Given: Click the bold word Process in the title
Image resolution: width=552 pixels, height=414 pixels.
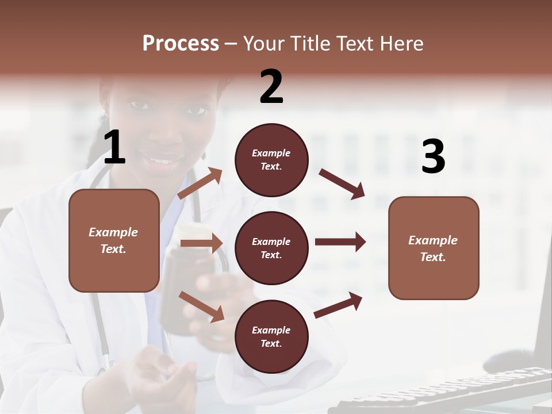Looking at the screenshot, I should [181, 44].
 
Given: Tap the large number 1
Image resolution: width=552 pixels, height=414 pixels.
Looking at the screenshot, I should [114, 148].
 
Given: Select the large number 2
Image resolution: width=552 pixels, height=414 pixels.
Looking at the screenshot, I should [271, 87].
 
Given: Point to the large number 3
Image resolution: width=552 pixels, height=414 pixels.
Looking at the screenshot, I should [433, 157].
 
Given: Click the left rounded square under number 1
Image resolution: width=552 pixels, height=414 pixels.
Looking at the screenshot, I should [114, 240].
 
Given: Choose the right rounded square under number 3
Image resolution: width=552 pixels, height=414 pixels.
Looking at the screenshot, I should [434, 248].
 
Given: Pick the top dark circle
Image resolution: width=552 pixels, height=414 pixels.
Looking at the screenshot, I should [271, 160].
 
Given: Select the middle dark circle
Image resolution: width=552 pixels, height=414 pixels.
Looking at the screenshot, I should [271, 248].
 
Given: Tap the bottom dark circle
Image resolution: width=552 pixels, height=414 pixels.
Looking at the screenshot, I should [271, 336].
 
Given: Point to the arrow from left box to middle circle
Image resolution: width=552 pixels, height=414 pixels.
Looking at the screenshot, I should [201, 243].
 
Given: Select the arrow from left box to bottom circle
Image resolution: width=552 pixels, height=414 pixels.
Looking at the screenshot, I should [201, 306].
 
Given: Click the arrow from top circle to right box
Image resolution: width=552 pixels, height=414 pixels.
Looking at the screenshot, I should [342, 184].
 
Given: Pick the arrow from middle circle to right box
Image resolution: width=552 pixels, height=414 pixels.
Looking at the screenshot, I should [340, 241].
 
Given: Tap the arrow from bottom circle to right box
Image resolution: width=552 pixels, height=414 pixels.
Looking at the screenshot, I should [338, 305].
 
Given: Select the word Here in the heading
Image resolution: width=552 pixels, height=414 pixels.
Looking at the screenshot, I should [402, 44].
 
